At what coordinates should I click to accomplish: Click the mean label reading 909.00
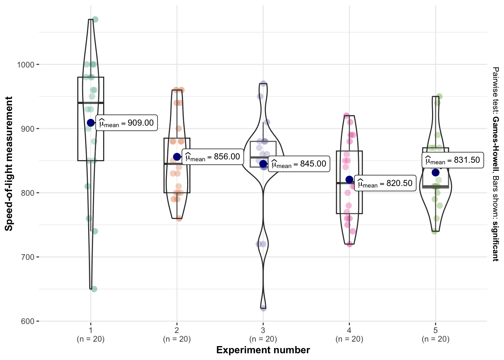(x=126, y=123)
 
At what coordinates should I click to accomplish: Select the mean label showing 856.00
(x=213, y=157)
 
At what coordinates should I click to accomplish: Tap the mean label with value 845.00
(x=299, y=164)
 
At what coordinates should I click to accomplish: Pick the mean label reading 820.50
(x=385, y=183)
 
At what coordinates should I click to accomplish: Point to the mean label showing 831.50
(x=453, y=160)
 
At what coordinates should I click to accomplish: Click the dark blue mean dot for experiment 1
(x=91, y=123)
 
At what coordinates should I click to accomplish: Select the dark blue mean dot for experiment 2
(x=177, y=157)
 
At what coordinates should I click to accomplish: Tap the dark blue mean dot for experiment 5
(x=435, y=172)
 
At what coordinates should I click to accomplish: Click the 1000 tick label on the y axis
(x=25, y=64)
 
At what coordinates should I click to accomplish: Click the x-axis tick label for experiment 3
(x=263, y=334)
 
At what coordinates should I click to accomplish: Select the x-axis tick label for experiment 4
(x=349, y=334)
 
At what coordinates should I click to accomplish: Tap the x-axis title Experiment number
(x=263, y=350)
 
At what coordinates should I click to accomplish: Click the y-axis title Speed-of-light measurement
(x=9, y=163)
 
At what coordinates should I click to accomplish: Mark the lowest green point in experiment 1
(x=94, y=289)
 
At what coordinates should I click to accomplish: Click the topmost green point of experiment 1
(x=95, y=19)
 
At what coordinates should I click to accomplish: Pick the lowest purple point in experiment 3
(x=263, y=308)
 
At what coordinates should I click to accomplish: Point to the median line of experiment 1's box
(x=91, y=103)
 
